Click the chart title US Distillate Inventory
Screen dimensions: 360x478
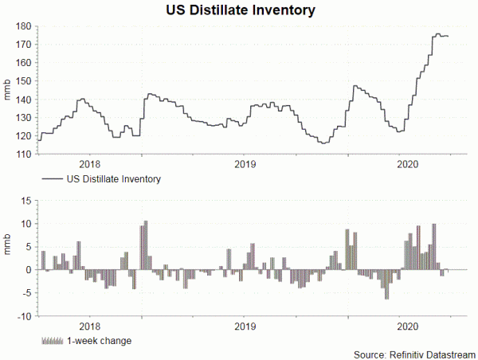[240, 10]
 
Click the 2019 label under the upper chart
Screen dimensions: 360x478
[245, 163]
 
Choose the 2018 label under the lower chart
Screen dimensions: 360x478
[89, 326]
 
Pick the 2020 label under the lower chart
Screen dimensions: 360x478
[407, 326]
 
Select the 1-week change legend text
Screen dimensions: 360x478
[100, 341]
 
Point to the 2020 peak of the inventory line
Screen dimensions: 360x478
[437, 34]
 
